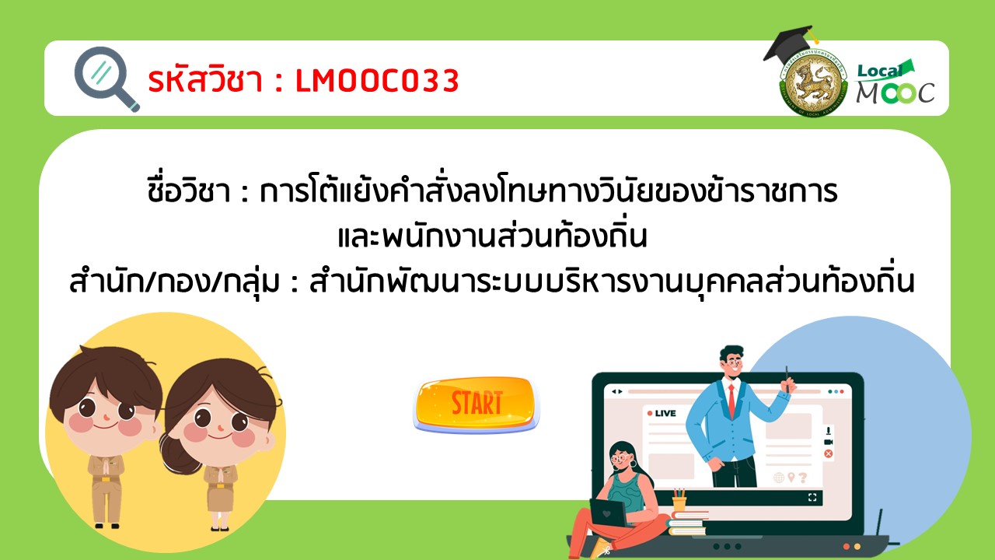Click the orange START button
(477, 404)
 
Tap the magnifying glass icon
(106, 79)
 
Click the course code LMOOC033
(377, 81)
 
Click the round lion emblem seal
(813, 83)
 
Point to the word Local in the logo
(879, 71)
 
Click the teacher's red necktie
(731, 401)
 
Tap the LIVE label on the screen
(662, 413)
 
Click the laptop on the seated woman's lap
(609, 513)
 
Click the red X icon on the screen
(829, 453)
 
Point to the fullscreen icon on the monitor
(812, 497)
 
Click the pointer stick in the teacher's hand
(787, 379)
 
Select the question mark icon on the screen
(803, 478)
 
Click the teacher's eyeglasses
(732, 362)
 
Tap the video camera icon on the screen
(829, 442)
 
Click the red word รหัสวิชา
(205, 79)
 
